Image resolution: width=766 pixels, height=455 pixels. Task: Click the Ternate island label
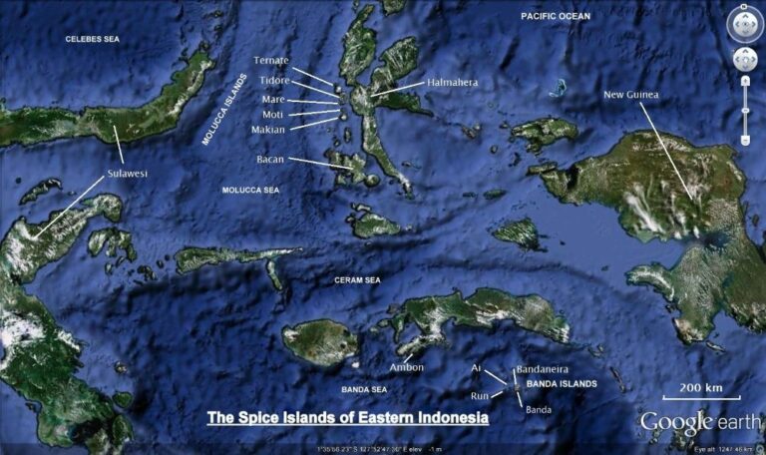pos(271,61)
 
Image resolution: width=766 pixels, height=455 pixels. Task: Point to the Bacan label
pos(271,159)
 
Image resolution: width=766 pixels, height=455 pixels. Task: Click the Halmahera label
pos(454,83)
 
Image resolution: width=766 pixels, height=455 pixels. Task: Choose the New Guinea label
pos(631,95)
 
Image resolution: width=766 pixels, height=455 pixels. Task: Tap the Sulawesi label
pos(127,174)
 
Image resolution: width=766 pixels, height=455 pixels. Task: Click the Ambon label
pos(406,367)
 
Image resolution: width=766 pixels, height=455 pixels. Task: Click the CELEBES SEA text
pos(92,39)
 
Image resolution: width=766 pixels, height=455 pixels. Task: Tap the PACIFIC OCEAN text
pos(556,16)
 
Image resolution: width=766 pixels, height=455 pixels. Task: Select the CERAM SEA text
pos(357,280)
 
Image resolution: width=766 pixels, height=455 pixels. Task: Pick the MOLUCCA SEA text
pos(249,190)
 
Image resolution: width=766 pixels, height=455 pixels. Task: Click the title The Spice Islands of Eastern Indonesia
pos(347,417)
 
